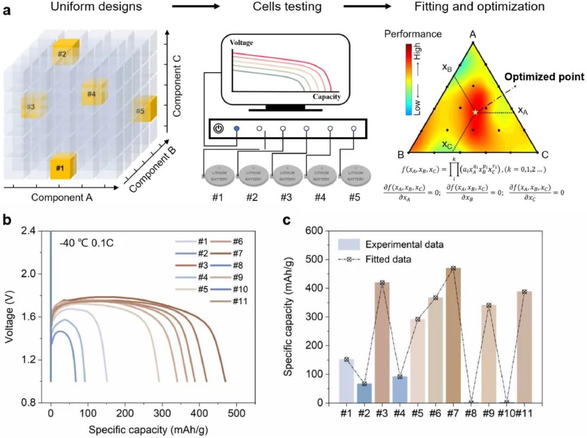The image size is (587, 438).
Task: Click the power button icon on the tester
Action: click(x=218, y=129)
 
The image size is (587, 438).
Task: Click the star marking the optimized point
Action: click(x=476, y=112)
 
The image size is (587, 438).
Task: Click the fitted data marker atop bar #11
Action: click(x=523, y=292)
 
